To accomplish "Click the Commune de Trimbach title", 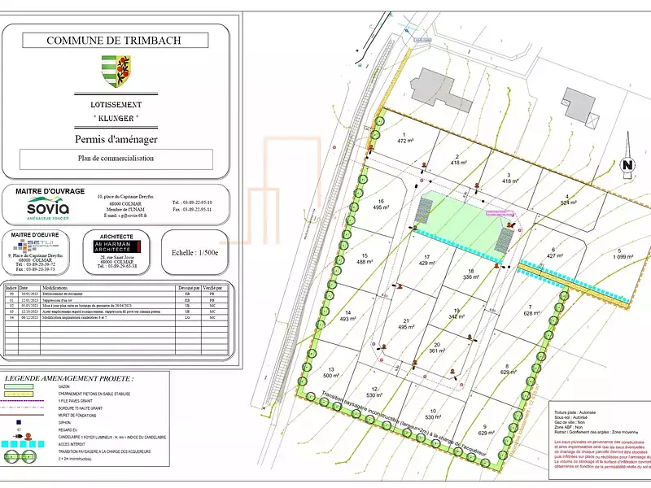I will [x=114, y=40].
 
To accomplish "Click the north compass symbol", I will [x=627, y=165].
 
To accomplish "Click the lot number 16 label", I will [x=380, y=200].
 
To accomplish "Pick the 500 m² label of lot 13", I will [x=330, y=376].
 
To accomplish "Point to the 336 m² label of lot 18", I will [x=470, y=277].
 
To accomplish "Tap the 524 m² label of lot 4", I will [x=567, y=203].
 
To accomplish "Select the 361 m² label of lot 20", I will [x=438, y=351].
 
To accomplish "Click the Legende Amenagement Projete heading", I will [x=69, y=379].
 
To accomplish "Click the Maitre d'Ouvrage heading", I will [x=50, y=191].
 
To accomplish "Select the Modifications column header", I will [x=55, y=288].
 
